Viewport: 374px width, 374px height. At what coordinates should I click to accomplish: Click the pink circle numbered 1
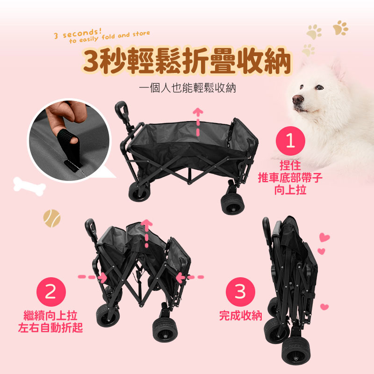tap(290, 141)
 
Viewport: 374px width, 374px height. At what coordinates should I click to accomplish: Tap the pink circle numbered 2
tap(51, 292)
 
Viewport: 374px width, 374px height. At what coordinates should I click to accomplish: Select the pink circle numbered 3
tap(240, 292)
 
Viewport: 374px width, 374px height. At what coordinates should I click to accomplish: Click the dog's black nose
tap(298, 99)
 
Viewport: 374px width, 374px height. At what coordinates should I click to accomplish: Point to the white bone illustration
tap(29, 186)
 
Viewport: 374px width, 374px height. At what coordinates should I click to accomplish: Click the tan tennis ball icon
tap(52, 218)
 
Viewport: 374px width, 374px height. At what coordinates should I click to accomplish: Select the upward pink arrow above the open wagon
tap(198, 122)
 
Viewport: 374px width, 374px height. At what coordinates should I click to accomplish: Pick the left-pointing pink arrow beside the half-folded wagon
tap(190, 277)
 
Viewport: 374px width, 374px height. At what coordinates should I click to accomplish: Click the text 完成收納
tap(240, 316)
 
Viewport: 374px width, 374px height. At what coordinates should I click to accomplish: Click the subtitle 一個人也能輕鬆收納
tap(187, 88)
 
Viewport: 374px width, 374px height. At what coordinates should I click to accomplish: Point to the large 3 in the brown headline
tap(91, 61)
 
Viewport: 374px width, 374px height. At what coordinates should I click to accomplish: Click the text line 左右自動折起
tap(50, 328)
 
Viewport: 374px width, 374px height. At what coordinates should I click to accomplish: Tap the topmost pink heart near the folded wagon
tap(324, 237)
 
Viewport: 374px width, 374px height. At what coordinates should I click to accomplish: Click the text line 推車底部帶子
tap(290, 178)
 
